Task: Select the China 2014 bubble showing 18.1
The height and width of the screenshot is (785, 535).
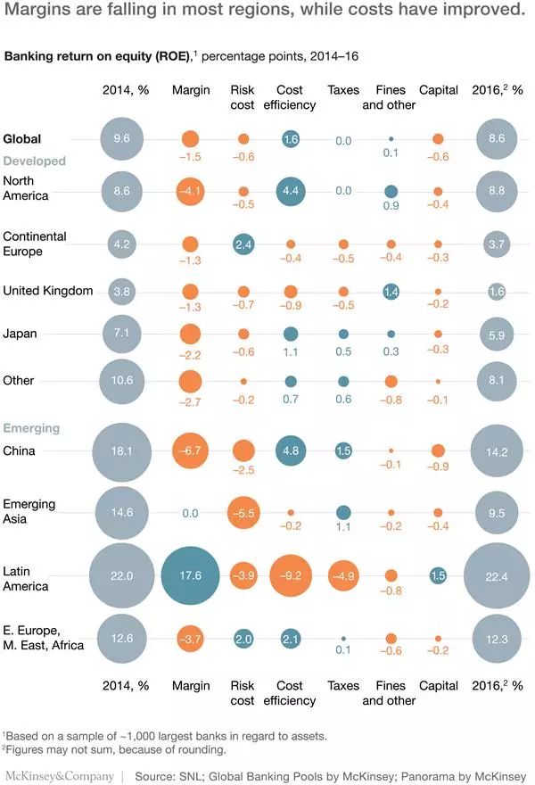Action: tap(122, 451)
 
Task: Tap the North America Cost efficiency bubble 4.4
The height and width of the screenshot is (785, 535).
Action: tap(291, 191)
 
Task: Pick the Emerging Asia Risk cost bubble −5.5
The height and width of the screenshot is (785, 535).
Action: tap(243, 513)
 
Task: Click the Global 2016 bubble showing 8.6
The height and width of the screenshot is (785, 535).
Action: tap(496, 139)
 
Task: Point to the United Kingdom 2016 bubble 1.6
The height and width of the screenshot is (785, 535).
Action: tap(496, 291)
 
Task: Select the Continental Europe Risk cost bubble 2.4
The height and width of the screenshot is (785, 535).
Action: tap(243, 244)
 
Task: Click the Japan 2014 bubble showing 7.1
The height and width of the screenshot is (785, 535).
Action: tap(122, 334)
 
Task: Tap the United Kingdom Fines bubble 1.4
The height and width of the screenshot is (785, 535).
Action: tap(391, 291)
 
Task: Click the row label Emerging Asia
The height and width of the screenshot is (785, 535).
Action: tap(29, 510)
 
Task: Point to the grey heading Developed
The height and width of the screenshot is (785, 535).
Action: tap(35, 161)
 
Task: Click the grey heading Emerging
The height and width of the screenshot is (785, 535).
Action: tap(32, 428)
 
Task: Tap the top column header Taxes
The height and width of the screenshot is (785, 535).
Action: tap(343, 90)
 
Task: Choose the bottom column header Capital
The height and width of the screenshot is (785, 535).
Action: tap(438, 686)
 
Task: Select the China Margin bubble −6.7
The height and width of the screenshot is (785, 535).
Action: tap(189, 451)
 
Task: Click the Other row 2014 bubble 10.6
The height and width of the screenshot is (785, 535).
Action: tap(122, 381)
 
